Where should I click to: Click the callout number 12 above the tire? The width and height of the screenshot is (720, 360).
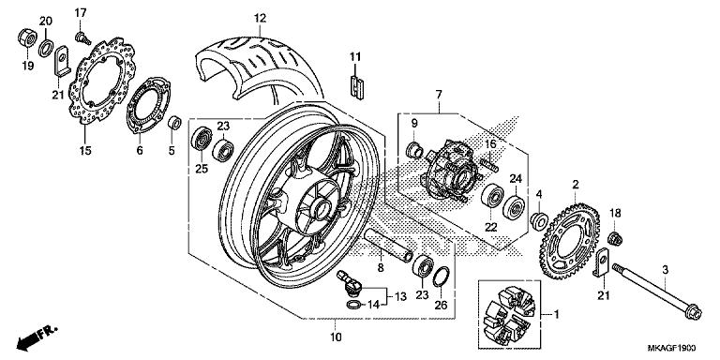(x=260, y=18)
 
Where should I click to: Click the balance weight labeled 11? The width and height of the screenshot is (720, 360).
(x=354, y=84)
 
